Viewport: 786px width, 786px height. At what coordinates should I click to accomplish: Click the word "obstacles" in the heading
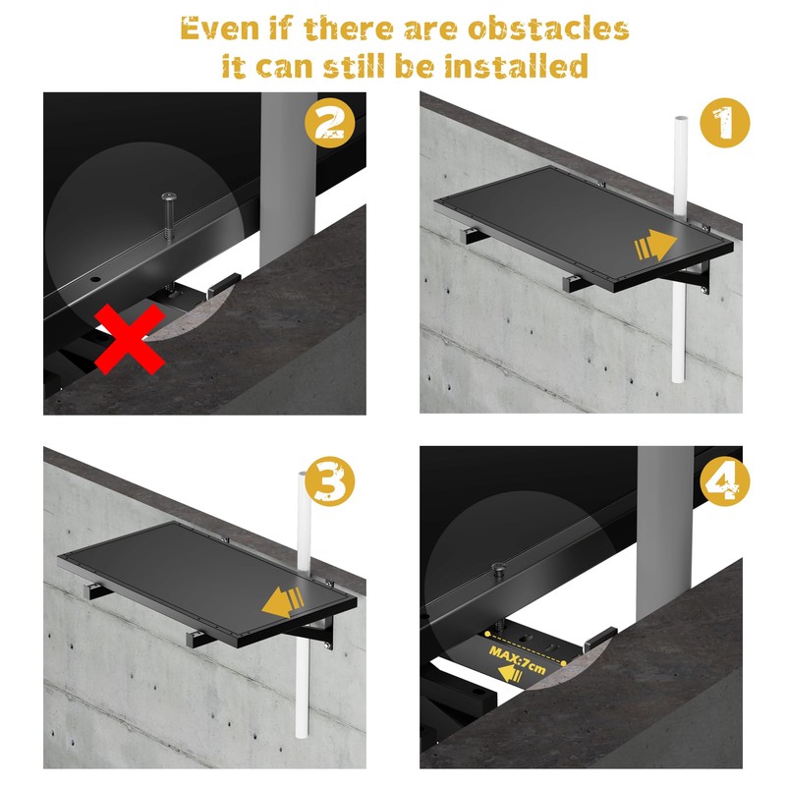548,28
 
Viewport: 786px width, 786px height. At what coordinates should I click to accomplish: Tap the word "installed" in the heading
517,66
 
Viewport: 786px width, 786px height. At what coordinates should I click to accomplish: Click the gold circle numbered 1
724,123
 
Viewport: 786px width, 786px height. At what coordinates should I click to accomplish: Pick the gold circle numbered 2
330,123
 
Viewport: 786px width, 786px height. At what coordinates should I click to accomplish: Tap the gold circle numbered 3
330,481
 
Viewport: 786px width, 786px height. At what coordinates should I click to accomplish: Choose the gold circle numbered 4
724,481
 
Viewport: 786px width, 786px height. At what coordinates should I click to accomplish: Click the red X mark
130,339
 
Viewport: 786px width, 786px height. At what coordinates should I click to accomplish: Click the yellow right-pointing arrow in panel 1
656,246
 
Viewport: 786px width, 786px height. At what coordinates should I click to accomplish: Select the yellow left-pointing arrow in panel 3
283,602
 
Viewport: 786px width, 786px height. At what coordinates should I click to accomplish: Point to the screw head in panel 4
498,568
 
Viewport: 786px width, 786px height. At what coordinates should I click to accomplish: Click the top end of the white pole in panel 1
681,118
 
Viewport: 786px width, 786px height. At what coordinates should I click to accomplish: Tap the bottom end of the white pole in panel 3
302,736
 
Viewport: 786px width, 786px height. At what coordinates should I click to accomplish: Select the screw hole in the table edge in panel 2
95,279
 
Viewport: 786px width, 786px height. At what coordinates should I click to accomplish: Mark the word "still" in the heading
356,66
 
